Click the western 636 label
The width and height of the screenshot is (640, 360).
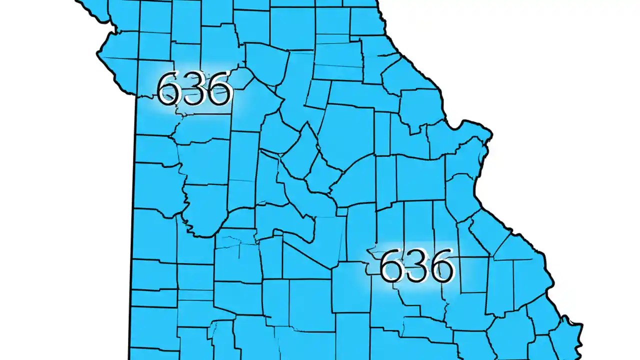coord(194,89)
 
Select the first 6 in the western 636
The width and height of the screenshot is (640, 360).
coord(169,89)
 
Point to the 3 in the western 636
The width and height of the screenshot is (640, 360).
coord(194,89)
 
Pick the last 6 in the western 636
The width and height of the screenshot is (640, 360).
coord(219,89)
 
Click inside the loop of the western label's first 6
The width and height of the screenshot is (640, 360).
coord(169,95)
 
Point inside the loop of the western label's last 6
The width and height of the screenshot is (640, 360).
coord(219,95)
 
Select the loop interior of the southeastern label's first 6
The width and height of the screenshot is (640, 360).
coord(392,272)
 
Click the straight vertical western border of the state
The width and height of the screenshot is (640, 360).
coord(134,225)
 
